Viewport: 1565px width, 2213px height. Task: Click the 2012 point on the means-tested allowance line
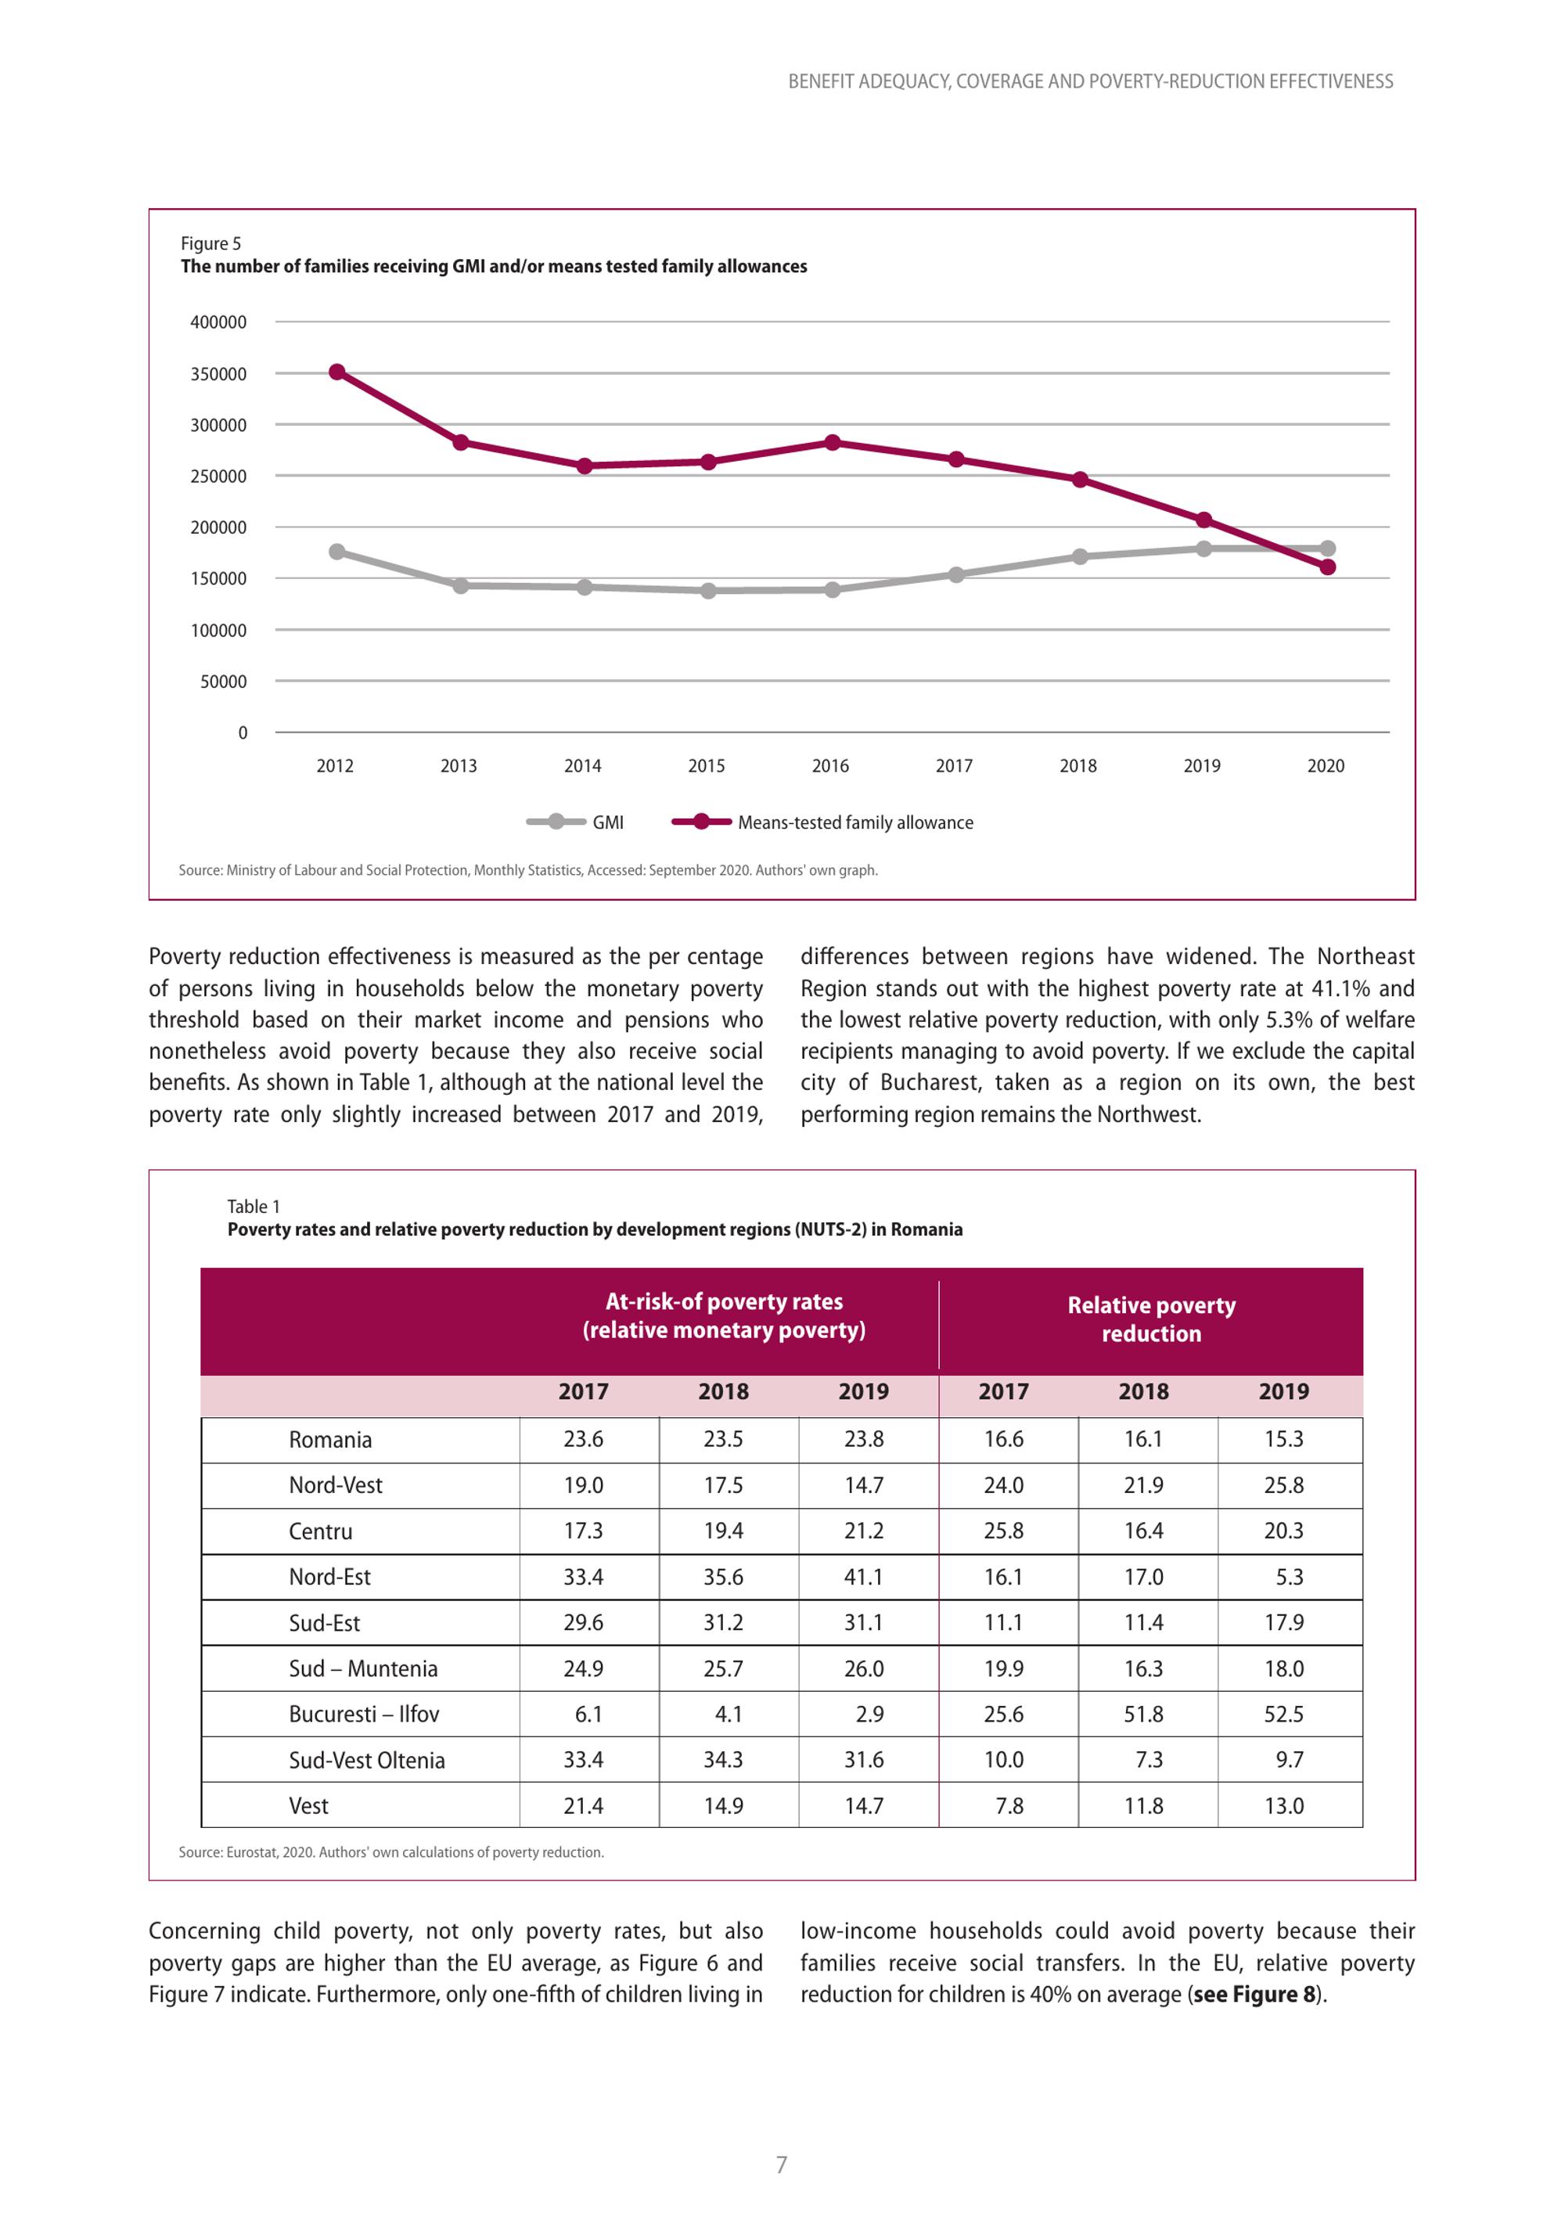tap(337, 372)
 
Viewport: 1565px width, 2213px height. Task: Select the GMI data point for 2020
tap(1327, 549)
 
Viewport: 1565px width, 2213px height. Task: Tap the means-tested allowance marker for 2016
tap(833, 442)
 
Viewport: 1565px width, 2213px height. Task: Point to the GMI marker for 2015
tap(708, 591)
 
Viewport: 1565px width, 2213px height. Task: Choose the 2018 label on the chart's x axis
tap(1078, 765)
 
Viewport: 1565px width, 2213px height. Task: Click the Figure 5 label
tap(211, 244)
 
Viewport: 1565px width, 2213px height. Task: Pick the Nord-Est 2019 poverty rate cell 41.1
tap(863, 1577)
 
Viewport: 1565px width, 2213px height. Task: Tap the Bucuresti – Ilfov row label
tap(365, 1714)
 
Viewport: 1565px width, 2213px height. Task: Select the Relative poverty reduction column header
tap(1152, 1319)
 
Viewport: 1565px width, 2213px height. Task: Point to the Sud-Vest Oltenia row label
tap(367, 1760)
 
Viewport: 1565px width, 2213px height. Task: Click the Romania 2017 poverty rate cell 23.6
tap(584, 1439)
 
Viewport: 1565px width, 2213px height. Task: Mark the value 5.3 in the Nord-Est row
tap(1290, 1577)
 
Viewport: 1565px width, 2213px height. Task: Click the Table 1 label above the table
tap(254, 1207)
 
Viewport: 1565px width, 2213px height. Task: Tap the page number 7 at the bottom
tap(782, 2164)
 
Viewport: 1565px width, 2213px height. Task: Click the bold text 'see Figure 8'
tap(1254, 1994)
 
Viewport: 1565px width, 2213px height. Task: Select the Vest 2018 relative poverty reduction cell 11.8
tap(1144, 1805)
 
